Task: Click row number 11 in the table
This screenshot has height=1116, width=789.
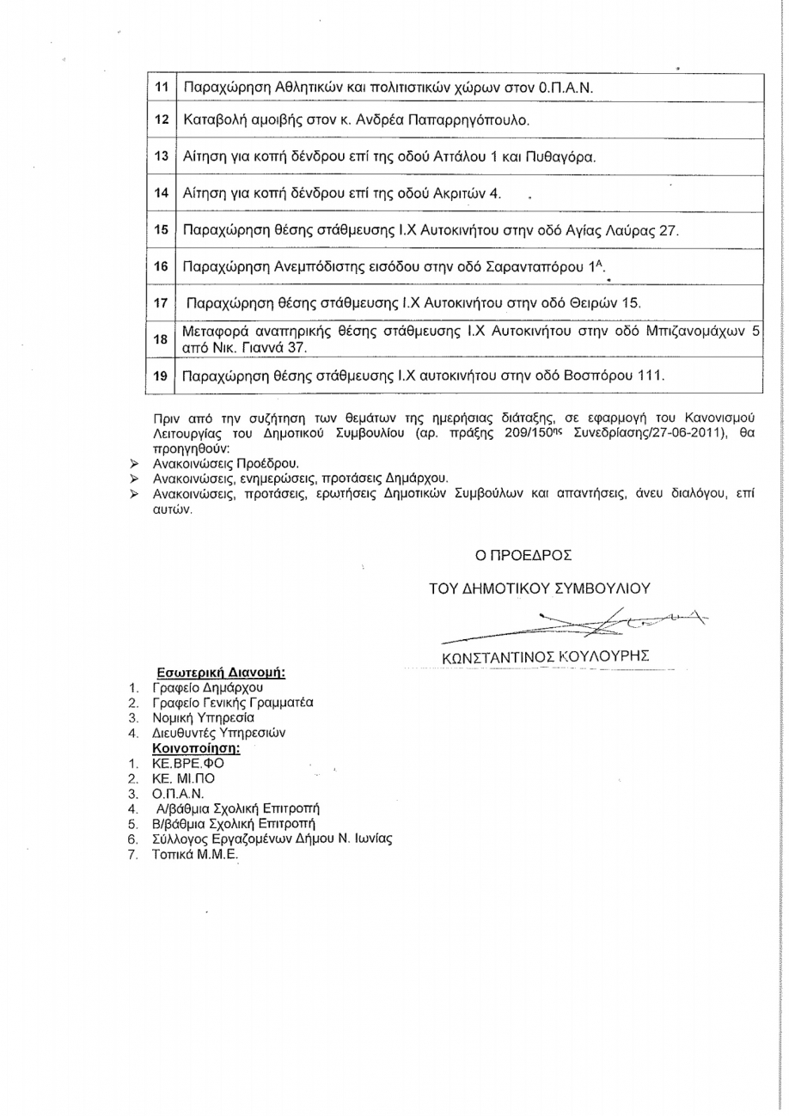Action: click(x=161, y=88)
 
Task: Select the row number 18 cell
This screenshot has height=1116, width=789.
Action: click(x=161, y=340)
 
